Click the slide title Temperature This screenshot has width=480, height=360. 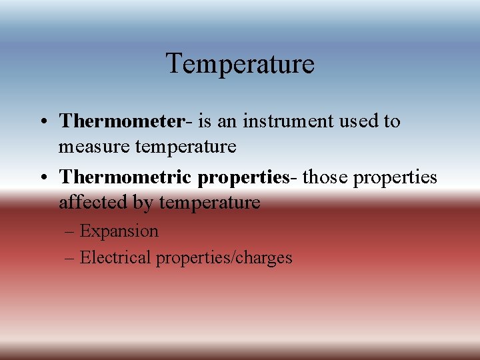(x=240, y=64)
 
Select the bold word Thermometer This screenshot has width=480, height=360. (x=121, y=121)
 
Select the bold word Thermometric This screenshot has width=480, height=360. (x=125, y=177)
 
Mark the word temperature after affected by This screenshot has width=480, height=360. (x=210, y=202)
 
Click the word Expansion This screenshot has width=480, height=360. (x=119, y=232)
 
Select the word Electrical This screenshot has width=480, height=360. (x=115, y=257)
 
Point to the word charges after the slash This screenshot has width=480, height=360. (x=263, y=258)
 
